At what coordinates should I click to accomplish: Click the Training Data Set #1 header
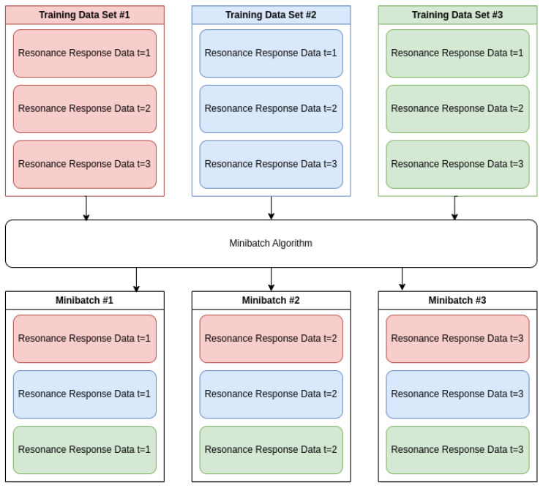click(84, 15)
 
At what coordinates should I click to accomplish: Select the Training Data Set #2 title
click(271, 15)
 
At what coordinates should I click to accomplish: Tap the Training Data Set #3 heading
click(457, 15)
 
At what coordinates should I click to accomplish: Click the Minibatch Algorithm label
click(271, 244)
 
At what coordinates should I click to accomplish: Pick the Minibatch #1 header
click(84, 300)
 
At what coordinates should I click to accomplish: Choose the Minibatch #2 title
click(271, 300)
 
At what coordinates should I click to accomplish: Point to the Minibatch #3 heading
click(457, 300)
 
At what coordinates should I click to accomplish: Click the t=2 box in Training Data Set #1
click(85, 109)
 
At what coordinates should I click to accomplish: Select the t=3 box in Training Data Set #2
click(271, 165)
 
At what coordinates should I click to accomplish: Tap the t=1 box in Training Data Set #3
click(457, 53)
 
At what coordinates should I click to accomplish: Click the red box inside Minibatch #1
click(85, 339)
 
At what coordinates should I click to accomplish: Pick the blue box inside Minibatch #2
click(271, 394)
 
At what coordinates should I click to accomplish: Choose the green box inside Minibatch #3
click(457, 450)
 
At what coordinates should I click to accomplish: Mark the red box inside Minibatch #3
click(457, 339)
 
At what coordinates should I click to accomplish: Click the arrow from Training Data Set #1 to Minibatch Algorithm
click(86, 208)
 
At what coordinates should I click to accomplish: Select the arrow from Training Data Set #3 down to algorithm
click(454, 208)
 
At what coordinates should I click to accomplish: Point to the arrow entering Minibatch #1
click(136, 279)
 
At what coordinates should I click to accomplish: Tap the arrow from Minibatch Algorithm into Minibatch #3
click(402, 279)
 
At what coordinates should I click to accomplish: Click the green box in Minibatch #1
click(85, 450)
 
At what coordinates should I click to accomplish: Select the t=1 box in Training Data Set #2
click(271, 53)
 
